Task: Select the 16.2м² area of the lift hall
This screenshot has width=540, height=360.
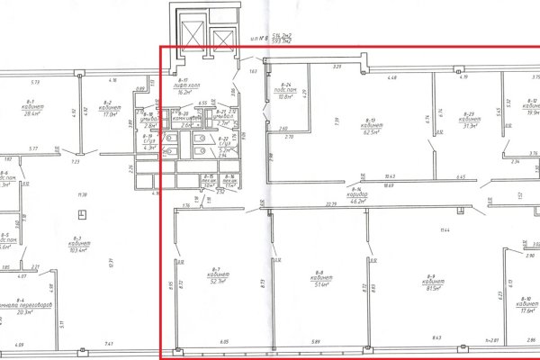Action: click(188, 91)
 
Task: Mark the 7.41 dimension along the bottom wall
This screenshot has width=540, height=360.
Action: click(108, 344)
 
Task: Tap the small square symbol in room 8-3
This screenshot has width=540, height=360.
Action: click(81, 214)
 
